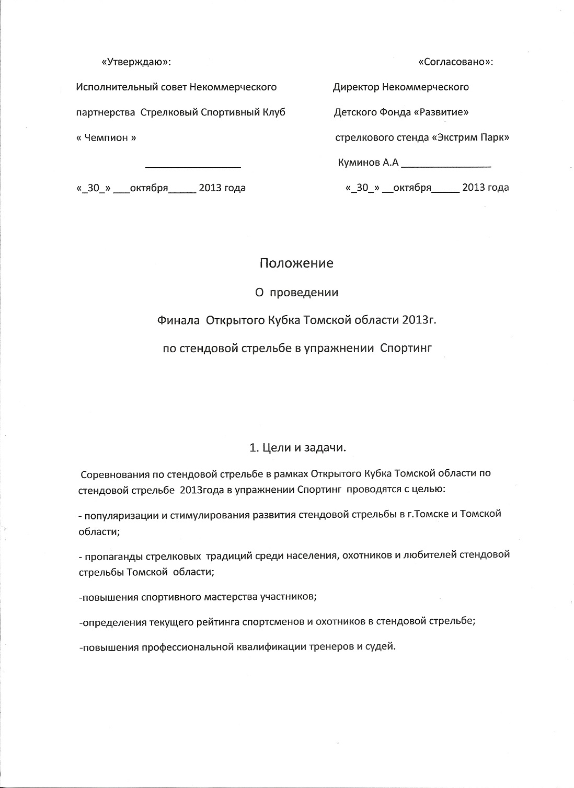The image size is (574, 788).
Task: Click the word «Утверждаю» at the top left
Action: (x=135, y=62)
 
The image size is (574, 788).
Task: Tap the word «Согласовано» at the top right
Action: (x=455, y=62)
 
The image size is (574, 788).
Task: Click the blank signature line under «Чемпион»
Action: (x=193, y=166)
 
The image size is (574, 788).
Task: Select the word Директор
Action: (x=356, y=87)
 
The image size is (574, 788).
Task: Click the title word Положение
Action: (x=296, y=263)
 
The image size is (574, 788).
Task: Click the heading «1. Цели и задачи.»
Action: (x=299, y=448)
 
